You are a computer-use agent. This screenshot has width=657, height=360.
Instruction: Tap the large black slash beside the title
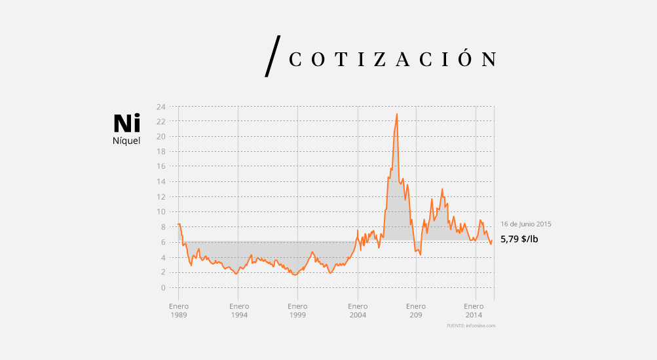pos(272,56)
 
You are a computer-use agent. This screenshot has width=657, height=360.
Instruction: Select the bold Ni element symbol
pos(126,124)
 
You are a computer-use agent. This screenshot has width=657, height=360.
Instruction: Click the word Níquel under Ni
pos(126,141)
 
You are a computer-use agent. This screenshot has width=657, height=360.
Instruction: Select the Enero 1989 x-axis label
pos(179,310)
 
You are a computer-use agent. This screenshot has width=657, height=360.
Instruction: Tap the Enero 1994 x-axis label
pos(238,310)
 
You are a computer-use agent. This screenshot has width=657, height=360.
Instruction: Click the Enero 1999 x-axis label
pos(297,310)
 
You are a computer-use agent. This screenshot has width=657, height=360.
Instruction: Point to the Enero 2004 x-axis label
pos(358,310)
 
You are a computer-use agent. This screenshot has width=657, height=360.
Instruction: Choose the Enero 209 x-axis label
pos(416,310)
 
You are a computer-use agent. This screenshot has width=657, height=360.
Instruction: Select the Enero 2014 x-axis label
pos(474,310)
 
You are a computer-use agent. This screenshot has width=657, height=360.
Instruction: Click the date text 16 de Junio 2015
pos(526,224)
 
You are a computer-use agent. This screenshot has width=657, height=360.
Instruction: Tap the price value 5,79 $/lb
pos(519,239)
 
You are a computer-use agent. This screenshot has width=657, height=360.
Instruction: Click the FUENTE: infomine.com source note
pos(471,325)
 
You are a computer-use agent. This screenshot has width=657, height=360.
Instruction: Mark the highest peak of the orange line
pos(397,114)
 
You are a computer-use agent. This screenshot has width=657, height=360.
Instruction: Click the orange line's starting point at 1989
pos(178,224)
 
